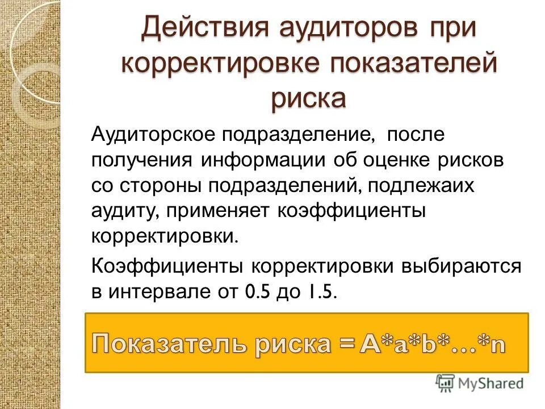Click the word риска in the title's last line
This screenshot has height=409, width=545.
pyautogui.click(x=308, y=98)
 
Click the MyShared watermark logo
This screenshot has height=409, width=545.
pyautogui.click(x=480, y=383)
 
